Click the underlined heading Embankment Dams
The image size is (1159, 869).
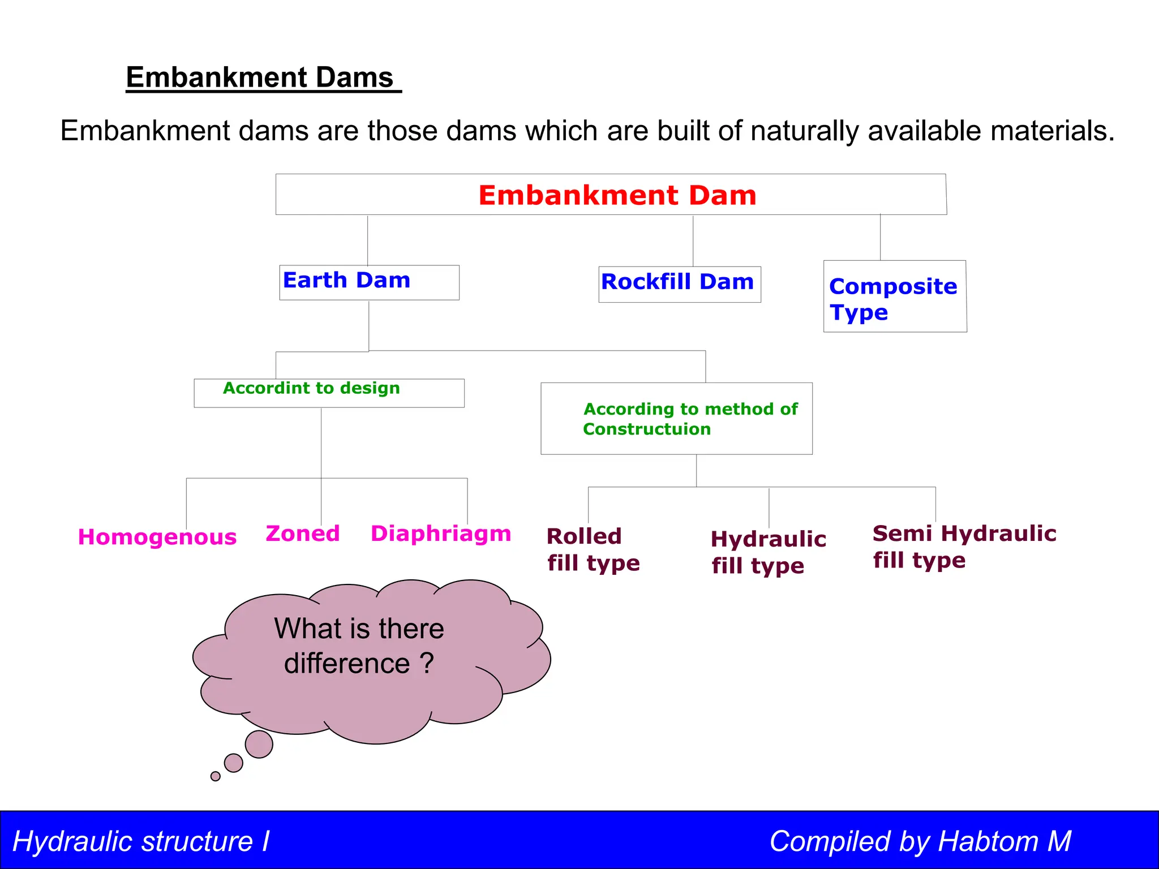click(x=260, y=78)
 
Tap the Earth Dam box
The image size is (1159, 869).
click(x=369, y=282)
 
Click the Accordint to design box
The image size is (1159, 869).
click(x=328, y=392)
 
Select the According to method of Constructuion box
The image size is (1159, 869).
click(x=676, y=419)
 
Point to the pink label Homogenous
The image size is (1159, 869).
click(x=157, y=537)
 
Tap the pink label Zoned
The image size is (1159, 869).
click(x=303, y=534)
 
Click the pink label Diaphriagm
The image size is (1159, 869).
click(x=441, y=534)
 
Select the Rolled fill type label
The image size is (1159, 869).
click(x=593, y=549)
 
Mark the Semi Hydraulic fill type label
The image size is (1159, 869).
click(x=964, y=547)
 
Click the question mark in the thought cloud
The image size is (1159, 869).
click(x=427, y=663)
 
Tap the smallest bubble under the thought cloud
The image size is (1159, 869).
click(x=216, y=776)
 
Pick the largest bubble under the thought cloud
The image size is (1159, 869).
click(x=259, y=744)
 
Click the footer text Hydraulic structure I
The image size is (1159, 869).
click(x=141, y=841)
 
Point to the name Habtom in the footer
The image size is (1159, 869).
click(x=988, y=841)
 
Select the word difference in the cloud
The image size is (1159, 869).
click(x=347, y=663)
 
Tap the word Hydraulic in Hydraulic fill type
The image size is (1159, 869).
click(x=769, y=539)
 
